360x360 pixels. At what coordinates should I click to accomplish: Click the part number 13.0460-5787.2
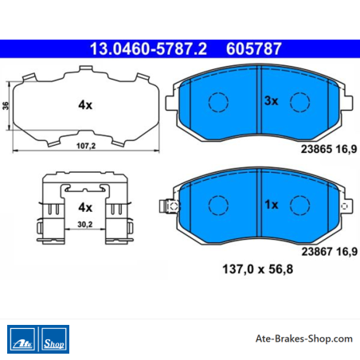148,49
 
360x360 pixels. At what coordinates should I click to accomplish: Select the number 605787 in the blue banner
253,49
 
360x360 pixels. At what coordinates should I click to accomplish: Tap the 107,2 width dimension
86,146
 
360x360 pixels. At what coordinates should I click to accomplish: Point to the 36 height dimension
6,105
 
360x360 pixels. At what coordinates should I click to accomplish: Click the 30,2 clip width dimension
85,225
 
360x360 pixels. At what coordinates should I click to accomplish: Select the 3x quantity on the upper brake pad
272,101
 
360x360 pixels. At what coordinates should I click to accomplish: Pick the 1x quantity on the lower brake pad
272,205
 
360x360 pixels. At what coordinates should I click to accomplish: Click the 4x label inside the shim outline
85,105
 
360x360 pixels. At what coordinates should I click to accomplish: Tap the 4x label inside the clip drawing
85,207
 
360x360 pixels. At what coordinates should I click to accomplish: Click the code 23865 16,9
329,149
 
